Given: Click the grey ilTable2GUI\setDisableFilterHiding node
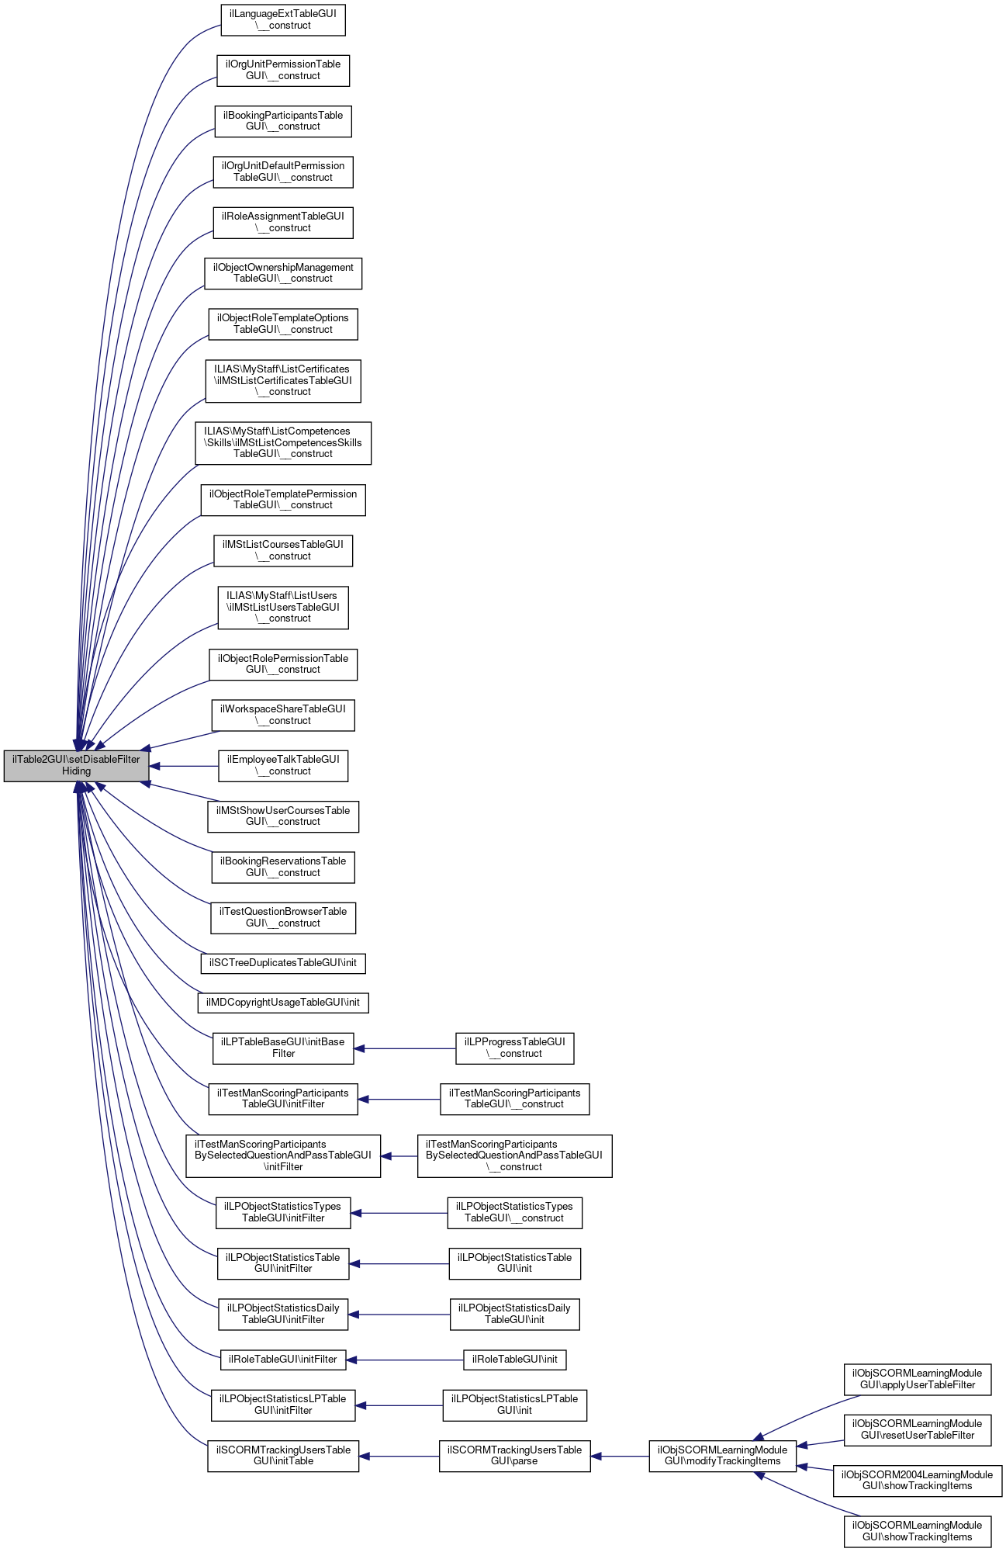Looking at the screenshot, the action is coord(76,765).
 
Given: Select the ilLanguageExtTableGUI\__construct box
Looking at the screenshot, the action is coord(283,19).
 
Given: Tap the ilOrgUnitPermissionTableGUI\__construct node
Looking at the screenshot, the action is coord(283,70).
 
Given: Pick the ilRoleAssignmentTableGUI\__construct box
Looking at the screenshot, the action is coord(283,222).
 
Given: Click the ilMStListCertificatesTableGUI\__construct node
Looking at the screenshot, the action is coord(283,380).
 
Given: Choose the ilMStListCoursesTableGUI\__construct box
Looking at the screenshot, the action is coord(283,550).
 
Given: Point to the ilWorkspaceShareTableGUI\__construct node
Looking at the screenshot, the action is coord(283,715).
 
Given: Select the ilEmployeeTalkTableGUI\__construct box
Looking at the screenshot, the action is coord(283,765).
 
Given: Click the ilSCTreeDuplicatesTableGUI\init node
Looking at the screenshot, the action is coord(283,963).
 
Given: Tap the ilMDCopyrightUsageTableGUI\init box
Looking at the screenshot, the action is coord(283,1003).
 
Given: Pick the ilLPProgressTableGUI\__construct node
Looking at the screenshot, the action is coord(515,1048).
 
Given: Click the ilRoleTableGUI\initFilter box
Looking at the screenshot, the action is coord(283,1360).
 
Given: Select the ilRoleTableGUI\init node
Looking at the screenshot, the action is coord(515,1360).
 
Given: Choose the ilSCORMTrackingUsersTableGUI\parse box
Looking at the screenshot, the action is coord(515,1455).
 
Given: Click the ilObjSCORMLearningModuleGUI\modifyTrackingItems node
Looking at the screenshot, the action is coord(723,1455).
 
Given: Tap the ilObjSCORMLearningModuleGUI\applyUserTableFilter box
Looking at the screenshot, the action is coord(918,1379).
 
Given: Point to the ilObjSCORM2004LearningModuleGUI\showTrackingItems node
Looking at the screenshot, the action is coord(918,1480).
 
